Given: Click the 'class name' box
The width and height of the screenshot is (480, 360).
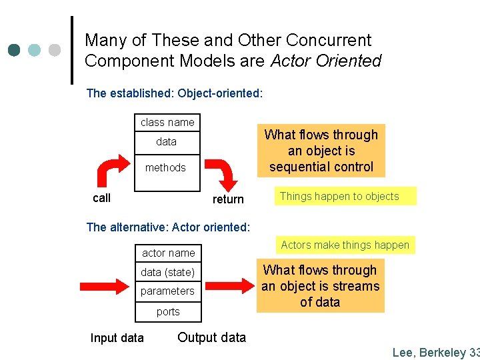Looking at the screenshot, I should (167, 122).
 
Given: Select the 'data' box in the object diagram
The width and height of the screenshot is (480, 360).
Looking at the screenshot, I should (167, 141).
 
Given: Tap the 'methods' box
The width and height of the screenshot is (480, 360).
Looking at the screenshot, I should (166, 167).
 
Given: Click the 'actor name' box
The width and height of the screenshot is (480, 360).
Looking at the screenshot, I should (169, 253).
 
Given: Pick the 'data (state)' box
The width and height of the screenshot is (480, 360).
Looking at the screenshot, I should (167, 272).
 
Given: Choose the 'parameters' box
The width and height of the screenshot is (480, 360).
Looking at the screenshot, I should (167, 291).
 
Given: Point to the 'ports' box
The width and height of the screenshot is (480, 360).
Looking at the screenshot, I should (168, 311).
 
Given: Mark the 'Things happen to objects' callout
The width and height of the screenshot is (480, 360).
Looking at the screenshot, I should (339, 196).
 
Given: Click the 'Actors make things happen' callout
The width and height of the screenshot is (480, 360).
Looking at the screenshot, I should (345, 245).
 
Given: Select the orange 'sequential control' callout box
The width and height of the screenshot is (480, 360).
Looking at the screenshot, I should (321, 151).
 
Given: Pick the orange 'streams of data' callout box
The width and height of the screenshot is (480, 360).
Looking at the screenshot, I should (320, 286).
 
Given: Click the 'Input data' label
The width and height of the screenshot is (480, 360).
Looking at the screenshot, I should (117, 338).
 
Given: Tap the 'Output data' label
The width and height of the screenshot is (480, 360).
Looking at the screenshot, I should (211, 337).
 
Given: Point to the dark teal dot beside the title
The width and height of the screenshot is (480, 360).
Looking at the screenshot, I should (15, 50).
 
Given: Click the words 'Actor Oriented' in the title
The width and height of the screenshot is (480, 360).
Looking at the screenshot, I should (326, 61).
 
